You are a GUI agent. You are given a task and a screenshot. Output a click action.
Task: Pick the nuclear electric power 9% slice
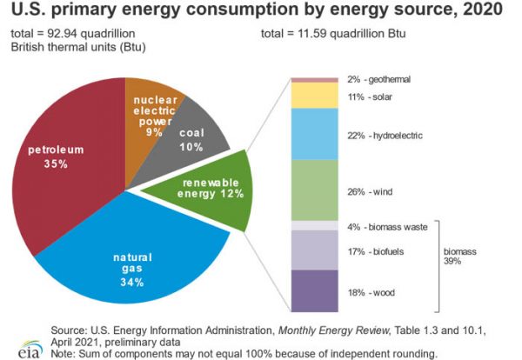[157, 109]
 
